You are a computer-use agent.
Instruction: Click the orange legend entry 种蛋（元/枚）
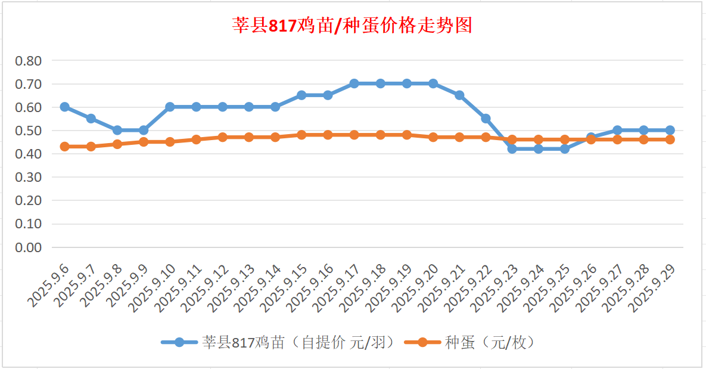(470, 342)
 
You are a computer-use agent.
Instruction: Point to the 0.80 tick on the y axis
(29, 61)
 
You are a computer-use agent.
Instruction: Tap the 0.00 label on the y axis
(29, 247)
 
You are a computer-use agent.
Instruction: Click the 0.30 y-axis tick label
(29, 177)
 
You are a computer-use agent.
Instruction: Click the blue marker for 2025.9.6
(64, 107)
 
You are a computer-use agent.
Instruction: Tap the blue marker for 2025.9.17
(354, 83)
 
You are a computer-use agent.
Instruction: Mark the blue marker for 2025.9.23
(512, 149)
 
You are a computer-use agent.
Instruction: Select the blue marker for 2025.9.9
(144, 130)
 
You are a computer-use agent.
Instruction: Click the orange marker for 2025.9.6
(64, 147)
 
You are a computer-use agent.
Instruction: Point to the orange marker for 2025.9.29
(670, 139)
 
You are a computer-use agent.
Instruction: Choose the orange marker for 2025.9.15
(301, 135)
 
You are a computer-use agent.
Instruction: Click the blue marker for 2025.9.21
(459, 95)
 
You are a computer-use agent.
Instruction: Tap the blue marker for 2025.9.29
(670, 130)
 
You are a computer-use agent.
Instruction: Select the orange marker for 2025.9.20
(433, 137)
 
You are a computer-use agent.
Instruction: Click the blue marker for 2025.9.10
(170, 107)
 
